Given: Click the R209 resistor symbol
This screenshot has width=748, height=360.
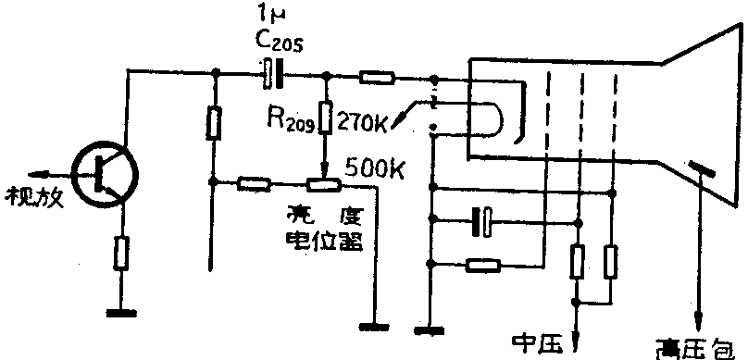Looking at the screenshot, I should tap(325, 118).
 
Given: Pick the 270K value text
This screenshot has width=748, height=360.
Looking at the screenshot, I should tap(365, 119).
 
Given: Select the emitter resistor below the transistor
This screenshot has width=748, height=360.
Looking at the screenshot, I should tap(121, 252).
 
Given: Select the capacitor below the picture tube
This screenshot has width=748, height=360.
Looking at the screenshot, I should tap(482, 220).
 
